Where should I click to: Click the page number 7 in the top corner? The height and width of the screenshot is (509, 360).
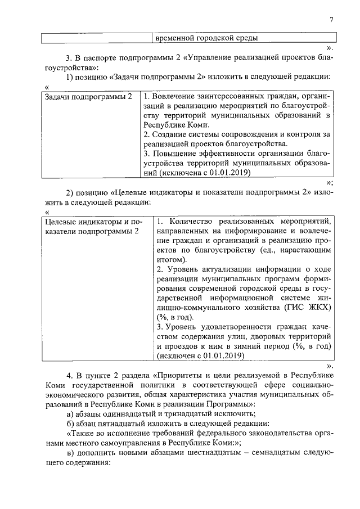332,20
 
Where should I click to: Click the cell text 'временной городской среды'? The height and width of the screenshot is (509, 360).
206,38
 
